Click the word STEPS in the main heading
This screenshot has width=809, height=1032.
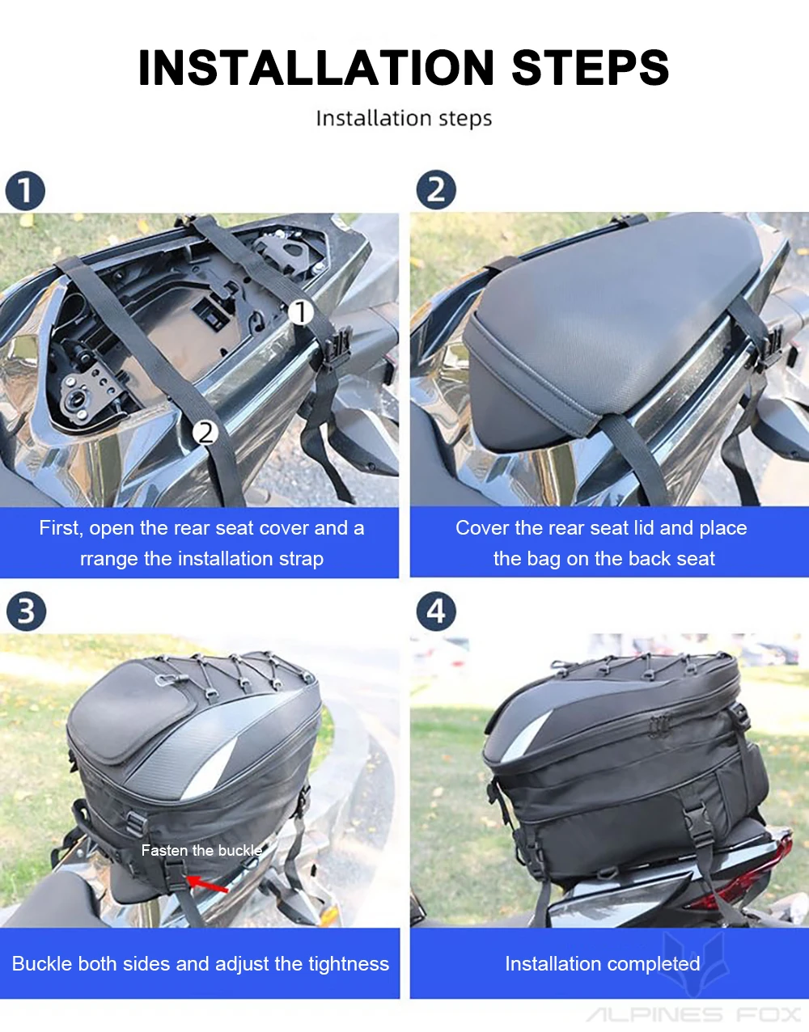point(591,67)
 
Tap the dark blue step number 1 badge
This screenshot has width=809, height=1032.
point(25,191)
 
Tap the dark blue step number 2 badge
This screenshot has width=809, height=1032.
point(436,190)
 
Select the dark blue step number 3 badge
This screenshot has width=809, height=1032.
point(26,611)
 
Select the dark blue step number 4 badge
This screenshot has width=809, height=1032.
point(436,611)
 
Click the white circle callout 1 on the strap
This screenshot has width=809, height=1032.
point(301,312)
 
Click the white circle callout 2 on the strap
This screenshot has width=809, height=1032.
point(205,434)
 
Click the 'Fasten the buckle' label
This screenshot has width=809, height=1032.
point(201,850)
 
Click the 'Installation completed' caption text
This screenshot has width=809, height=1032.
point(603,963)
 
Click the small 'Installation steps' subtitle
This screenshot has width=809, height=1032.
point(404,118)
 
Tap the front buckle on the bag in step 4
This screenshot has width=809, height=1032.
point(698,827)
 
